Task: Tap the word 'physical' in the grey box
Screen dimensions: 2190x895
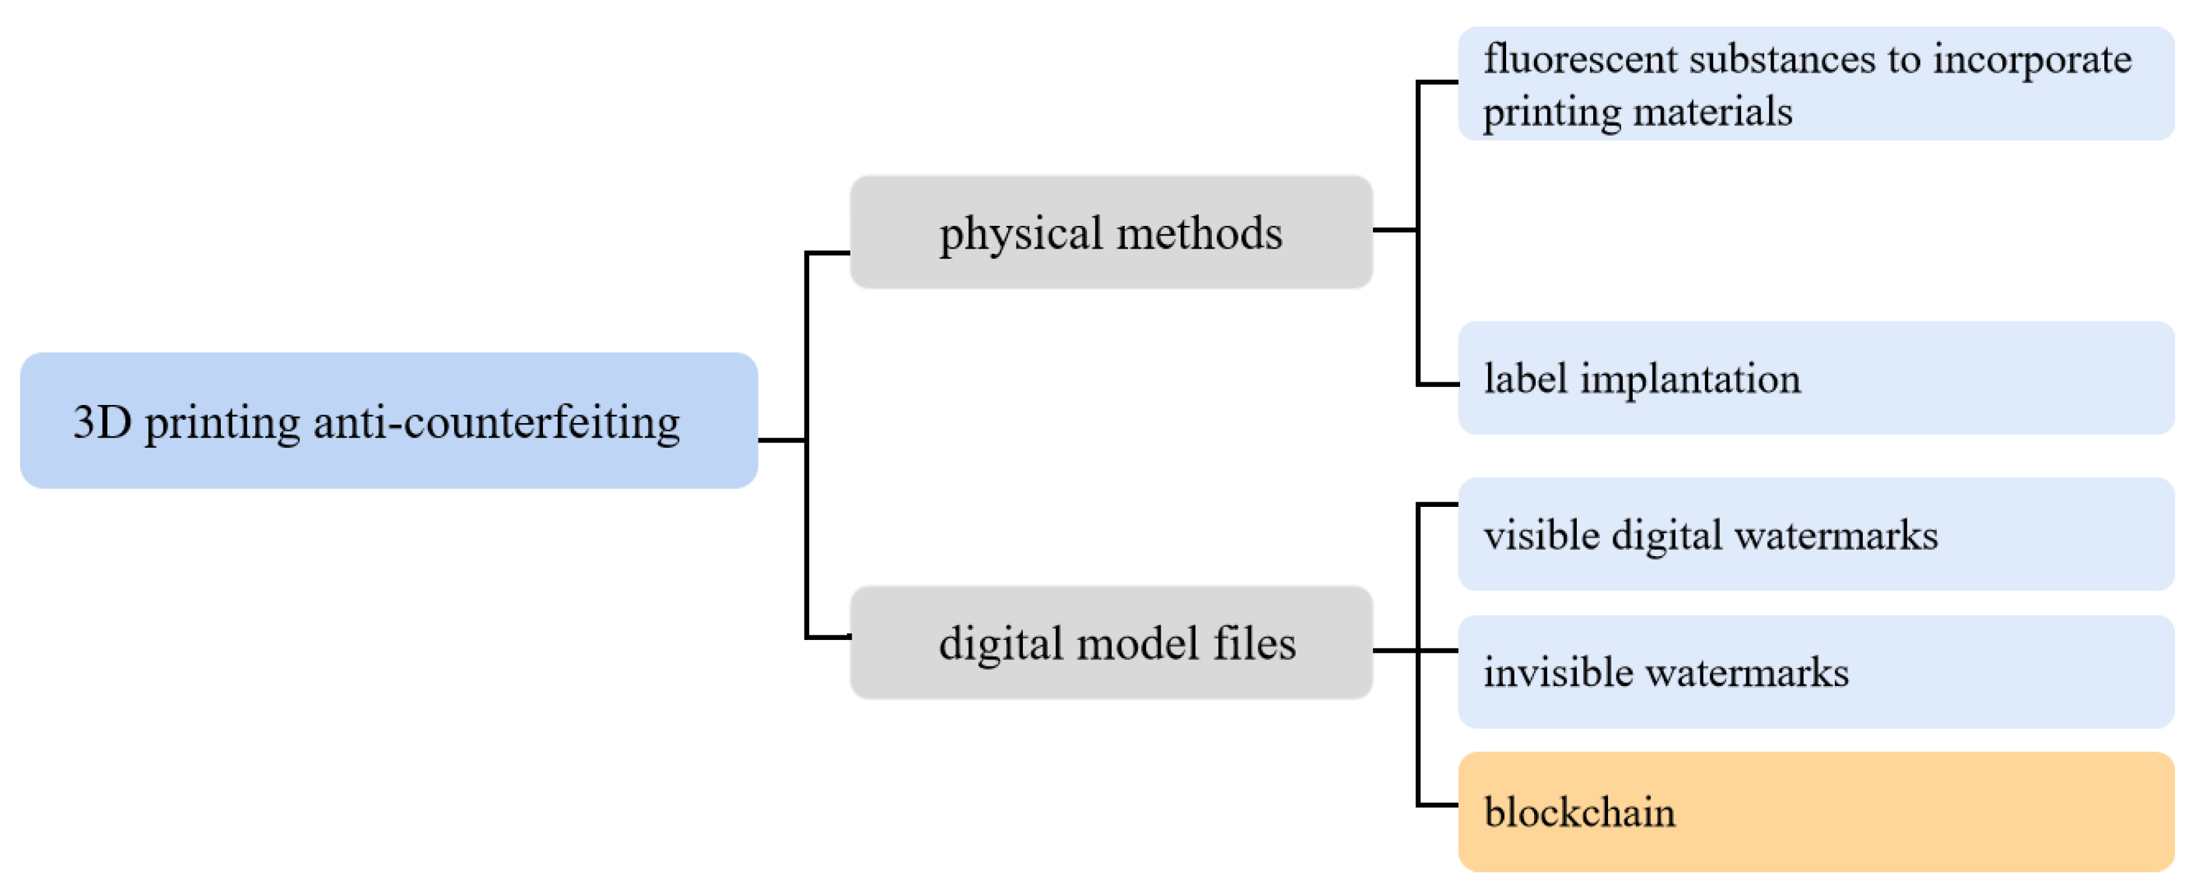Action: tap(1020, 234)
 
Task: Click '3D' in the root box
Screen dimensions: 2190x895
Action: tap(101, 422)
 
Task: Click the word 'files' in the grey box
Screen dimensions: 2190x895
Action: tap(1254, 643)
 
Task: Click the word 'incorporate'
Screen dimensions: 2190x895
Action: tap(2032, 60)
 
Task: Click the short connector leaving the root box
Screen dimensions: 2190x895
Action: tap(781, 439)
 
